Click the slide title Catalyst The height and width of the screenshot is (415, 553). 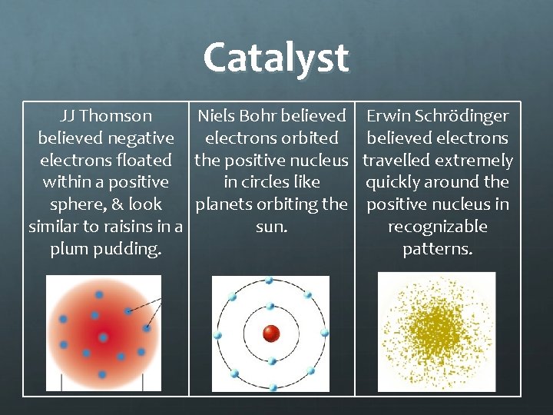click(x=276, y=58)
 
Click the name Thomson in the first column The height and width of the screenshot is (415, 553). click(x=116, y=116)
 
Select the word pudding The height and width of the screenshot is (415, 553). click(x=131, y=249)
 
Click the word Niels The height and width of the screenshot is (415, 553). click(x=216, y=116)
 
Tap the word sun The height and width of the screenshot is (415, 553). click(x=271, y=227)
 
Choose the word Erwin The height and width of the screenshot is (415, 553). click(x=388, y=116)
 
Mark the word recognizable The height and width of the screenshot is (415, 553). click(x=437, y=227)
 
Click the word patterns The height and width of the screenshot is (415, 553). click(x=437, y=249)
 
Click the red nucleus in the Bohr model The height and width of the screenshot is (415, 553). click(x=271, y=333)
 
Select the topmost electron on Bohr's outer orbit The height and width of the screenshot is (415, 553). click(x=269, y=281)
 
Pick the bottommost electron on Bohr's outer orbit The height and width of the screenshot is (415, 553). click(x=270, y=385)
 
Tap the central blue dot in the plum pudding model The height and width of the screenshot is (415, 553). click(x=103, y=337)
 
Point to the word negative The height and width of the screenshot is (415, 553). click(x=140, y=138)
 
